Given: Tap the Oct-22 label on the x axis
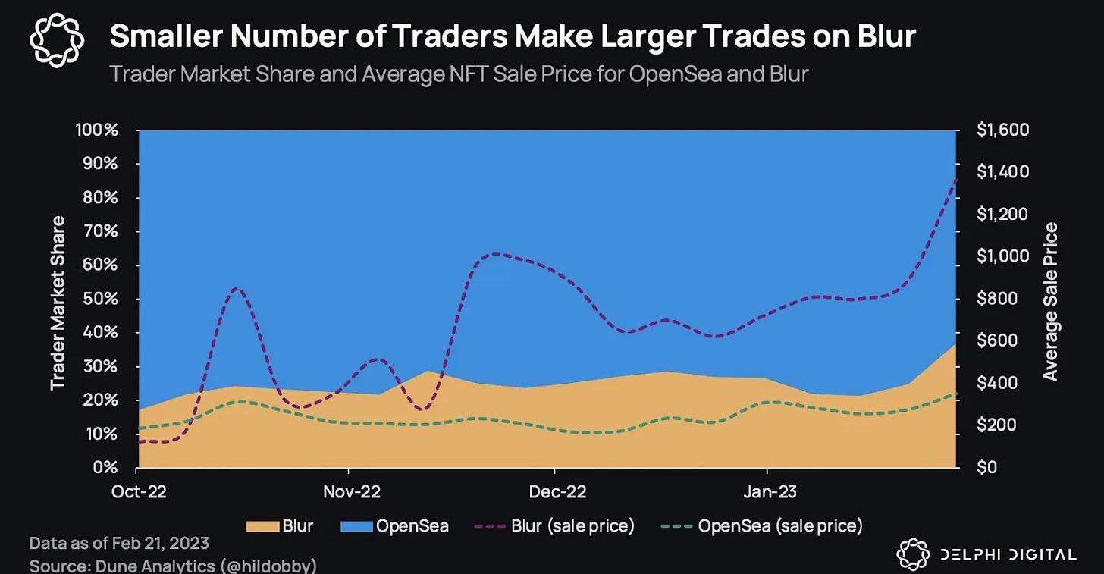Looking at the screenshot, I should pyautogui.click(x=139, y=491).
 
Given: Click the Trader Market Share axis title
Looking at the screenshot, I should pyautogui.click(x=58, y=303).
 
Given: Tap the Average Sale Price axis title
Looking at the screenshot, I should pyautogui.click(x=1049, y=301).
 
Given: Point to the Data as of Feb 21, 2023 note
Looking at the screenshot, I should pyautogui.click(x=119, y=544).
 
